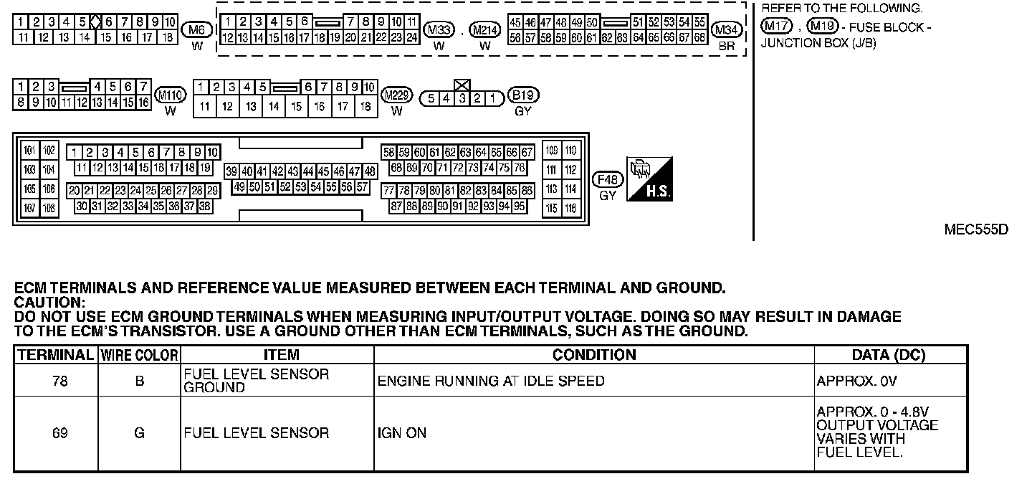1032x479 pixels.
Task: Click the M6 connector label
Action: point(197,29)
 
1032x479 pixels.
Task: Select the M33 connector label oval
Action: point(439,29)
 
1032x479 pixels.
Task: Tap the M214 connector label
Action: point(485,29)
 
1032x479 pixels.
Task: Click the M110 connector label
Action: point(170,95)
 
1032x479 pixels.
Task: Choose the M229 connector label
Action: point(396,95)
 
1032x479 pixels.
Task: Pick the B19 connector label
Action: point(523,95)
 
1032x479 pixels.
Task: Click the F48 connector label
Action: point(608,179)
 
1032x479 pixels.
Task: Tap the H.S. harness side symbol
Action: point(649,179)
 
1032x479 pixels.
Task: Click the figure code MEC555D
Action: point(976,230)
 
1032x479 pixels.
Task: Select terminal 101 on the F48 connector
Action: point(30,151)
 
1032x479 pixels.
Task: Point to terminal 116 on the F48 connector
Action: point(570,208)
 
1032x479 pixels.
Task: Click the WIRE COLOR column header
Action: point(139,355)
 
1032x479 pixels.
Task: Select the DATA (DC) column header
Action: point(888,355)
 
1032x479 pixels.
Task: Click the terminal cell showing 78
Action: point(60,381)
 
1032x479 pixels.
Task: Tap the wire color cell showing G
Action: point(139,433)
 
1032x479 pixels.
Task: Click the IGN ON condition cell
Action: point(401,433)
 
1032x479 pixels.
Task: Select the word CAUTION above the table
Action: point(49,302)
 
